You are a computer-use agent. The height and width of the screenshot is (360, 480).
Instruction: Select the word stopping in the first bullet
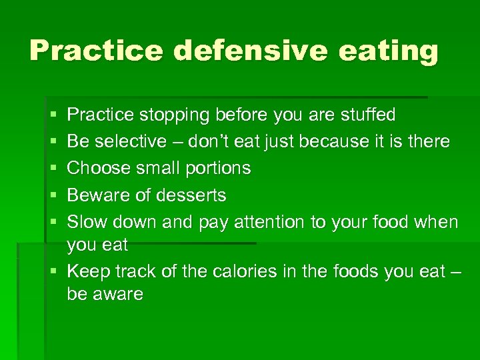(x=175, y=115)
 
